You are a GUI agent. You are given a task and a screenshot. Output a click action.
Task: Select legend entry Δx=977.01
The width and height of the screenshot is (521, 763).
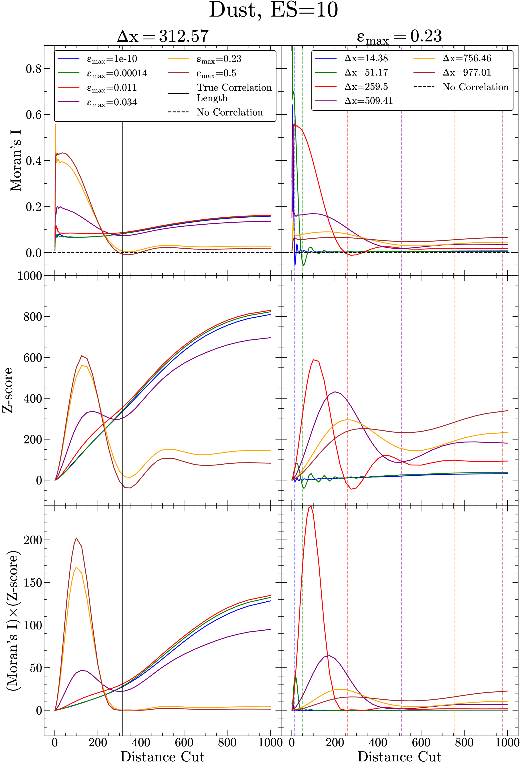pos(466,72)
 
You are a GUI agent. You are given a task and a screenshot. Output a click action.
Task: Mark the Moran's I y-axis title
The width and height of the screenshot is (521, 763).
pos(16,161)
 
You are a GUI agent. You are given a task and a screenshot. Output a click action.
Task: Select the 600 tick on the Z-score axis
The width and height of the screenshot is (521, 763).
pos(33,358)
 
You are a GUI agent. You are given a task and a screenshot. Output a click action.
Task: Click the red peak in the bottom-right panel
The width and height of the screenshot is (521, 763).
pos(310,507)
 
